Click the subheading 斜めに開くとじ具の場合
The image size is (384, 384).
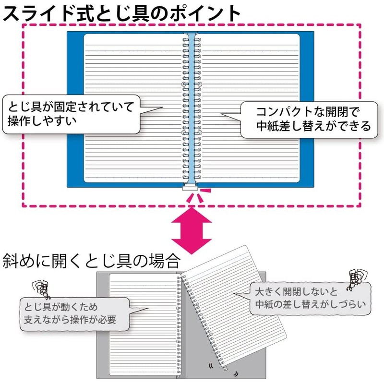tap(91, 262)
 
